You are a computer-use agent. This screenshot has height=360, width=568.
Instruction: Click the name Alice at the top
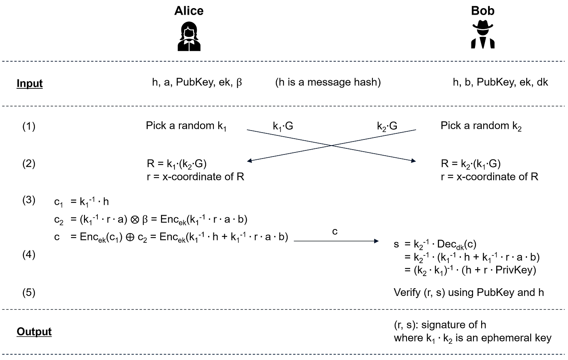pyautogui.click(x=189, y=11)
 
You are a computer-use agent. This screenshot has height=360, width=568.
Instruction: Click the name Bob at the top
pyautogui.click(x=482, y=11)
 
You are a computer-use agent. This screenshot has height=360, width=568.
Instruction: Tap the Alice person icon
pyautogui.click(x=189, y=36)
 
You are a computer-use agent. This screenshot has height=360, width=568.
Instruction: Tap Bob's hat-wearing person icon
pyautogui.click(x=483, y=34)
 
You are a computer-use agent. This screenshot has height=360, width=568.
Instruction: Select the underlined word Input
pyautogui.click(x=30, y=84)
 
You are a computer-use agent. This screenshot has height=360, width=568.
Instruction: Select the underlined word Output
pyautogui.click(x=34, y=332)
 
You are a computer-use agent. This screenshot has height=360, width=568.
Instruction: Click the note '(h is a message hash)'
pyautogui.click(x=328, y=82)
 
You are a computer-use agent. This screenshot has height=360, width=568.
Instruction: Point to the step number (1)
pyautogui.click(x=29, y=126)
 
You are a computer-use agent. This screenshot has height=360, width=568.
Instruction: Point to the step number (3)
pyautogui.click(x=29, y=200)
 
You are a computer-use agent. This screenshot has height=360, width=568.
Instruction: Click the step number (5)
pyautogui.click(x=29, y=293)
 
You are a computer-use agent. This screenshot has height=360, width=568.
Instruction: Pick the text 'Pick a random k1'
pyautogui.click(x=186, y=126)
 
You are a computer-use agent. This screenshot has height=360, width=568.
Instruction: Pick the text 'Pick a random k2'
pyautogui.click(x=481, y=126)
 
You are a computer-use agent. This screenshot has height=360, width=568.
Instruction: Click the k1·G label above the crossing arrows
pyautogui.click(x=283, y=126)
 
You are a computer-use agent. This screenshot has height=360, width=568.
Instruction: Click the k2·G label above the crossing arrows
pyautogui.click(x=387, y=126)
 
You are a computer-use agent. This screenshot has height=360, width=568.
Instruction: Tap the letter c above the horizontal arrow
pyautogui.click(x=335, y=231)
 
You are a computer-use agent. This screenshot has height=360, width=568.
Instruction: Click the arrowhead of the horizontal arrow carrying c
pyautogui.click(x=377, y=241)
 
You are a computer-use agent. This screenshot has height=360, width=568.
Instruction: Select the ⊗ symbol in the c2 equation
pyautogui.click(x=135, y=219)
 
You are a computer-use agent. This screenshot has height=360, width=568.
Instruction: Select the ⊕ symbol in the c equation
pyautogui.click(x=130, y=237)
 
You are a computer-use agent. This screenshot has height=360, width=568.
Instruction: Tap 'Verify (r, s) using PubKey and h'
pyautogui.click(x=469, y=293)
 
